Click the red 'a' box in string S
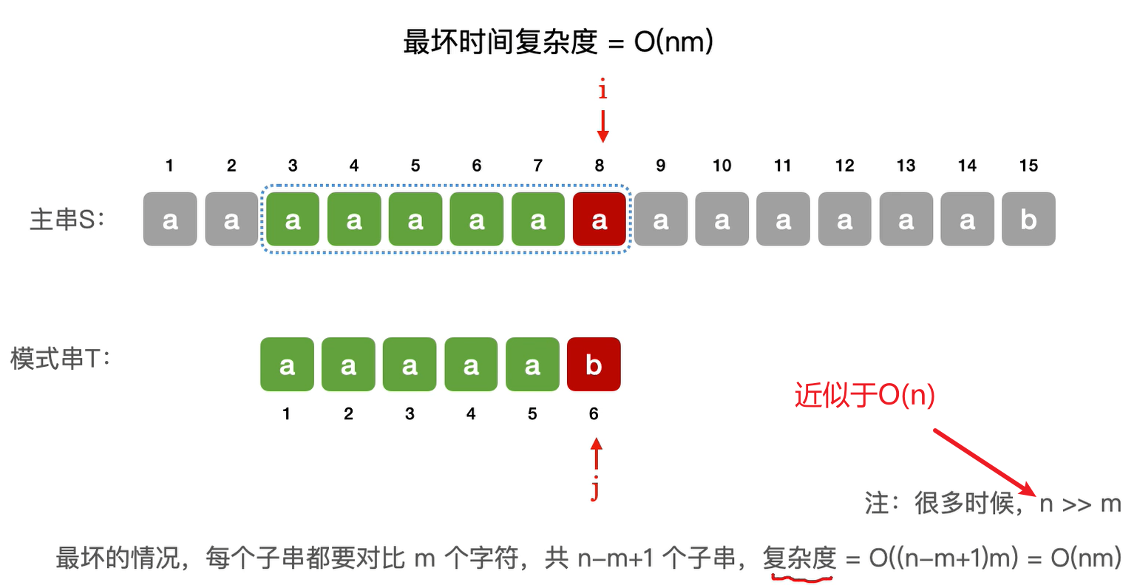point(600,219)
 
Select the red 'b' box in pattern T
point(593,364)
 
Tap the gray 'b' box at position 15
point(1028,219)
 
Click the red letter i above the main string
point(603,90)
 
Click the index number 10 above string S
point(722,166)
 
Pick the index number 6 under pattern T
point(593,414)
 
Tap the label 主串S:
point(67,219)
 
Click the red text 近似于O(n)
point(864,395)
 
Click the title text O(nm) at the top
point(673,41)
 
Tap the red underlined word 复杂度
point(799,558)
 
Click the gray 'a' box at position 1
point(170,219)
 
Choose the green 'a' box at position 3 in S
point(293,219)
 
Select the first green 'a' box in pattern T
point(287,364)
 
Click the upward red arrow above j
point(596,453)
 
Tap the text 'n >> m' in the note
point(1080,504)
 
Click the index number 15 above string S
point(1028,166)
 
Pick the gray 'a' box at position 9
point(660,219)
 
